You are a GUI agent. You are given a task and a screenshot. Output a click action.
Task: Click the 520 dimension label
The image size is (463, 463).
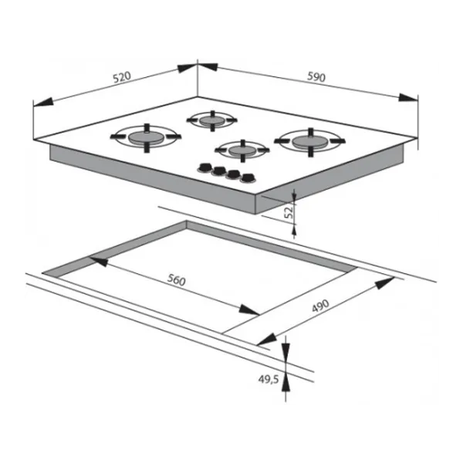click(122, 77)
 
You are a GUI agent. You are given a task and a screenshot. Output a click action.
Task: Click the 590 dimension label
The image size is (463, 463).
click(316, 76)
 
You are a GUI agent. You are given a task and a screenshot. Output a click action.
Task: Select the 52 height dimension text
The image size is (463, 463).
click(289, 211)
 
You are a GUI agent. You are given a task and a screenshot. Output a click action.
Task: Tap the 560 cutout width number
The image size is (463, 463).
click(176, 280)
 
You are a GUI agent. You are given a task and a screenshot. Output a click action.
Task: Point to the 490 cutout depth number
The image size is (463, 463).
click(320, 306)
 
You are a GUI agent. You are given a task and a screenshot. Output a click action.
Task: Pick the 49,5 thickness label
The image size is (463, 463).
click(269, 380)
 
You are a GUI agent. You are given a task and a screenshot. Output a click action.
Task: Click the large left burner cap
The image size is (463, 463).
click(146, 137)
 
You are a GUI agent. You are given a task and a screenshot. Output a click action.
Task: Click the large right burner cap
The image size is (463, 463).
click(310, 142)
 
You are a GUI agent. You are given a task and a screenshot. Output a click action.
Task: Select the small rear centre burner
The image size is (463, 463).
click(212, 120)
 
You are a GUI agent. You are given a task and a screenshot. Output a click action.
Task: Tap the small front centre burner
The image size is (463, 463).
click(242, 150)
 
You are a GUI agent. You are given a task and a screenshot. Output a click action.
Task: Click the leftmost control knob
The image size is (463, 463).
click(205, 167)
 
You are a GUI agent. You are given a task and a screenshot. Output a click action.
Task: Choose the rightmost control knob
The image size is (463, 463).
click(248, 178)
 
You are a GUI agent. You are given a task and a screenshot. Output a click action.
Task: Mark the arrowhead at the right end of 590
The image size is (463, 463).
click(408, 98)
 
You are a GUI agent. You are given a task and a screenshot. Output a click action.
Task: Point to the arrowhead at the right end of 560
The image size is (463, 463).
click(249, 310)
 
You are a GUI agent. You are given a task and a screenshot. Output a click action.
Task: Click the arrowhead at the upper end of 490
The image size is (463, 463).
click(385, 282)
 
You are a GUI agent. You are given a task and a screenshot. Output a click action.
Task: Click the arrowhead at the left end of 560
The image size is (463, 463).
click(99, 261)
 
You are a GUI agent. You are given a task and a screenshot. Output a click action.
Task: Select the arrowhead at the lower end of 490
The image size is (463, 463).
click(267, 340)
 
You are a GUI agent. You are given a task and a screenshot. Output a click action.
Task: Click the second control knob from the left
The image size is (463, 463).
click(219, 171)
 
